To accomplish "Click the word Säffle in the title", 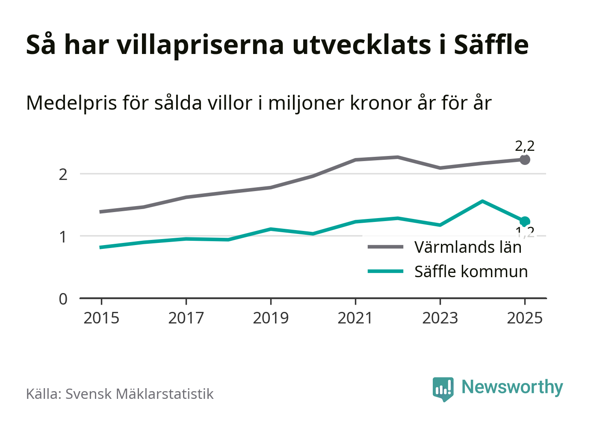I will click(x=491, y=45).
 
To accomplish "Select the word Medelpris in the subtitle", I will click(x=71, y=103).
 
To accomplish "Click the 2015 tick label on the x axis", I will click(x=101, y=318).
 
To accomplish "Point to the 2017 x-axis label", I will click(x=186, y=318).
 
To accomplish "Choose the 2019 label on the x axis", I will click(x=271, y=318).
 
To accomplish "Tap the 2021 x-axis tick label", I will click(x=355, y=318).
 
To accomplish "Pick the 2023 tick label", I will click(x=440, y=318).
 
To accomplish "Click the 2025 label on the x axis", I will click(x=525, y=318).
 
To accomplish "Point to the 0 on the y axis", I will click(x=63, y=299).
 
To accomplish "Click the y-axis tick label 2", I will click(x=63, y=175).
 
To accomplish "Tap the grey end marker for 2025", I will click(x=525, y=160).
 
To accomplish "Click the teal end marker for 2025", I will click(x=525, y=221).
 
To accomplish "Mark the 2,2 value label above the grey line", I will click(x=525, y=147).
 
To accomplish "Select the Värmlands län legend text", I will click(x=468, y=248).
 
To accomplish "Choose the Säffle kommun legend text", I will click(x=471, y=272).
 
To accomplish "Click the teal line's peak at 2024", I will click(x=482, y=201).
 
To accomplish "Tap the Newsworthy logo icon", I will click(x=443, y=389).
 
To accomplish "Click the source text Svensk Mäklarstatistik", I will click(x=139, y=394).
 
